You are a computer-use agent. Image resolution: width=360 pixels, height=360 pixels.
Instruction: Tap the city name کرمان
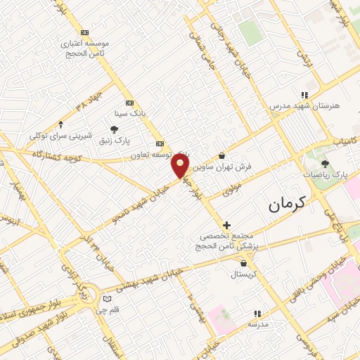click(x=288, y=205)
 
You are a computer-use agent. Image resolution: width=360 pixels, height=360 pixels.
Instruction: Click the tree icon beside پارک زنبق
click(x=114, y=128)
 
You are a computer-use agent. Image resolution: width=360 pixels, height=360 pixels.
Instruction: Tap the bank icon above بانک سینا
click(x=129, y=102)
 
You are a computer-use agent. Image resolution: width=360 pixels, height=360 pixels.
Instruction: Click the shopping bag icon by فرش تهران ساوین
click(x=223, y=156)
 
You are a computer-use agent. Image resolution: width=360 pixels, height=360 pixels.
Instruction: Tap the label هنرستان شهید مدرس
click(x=304, y=105)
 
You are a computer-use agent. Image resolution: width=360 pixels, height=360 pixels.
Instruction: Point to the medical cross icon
click(x=226, y=225)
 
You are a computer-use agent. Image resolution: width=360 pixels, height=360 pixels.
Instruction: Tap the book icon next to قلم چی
click(x=107, y=297)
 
